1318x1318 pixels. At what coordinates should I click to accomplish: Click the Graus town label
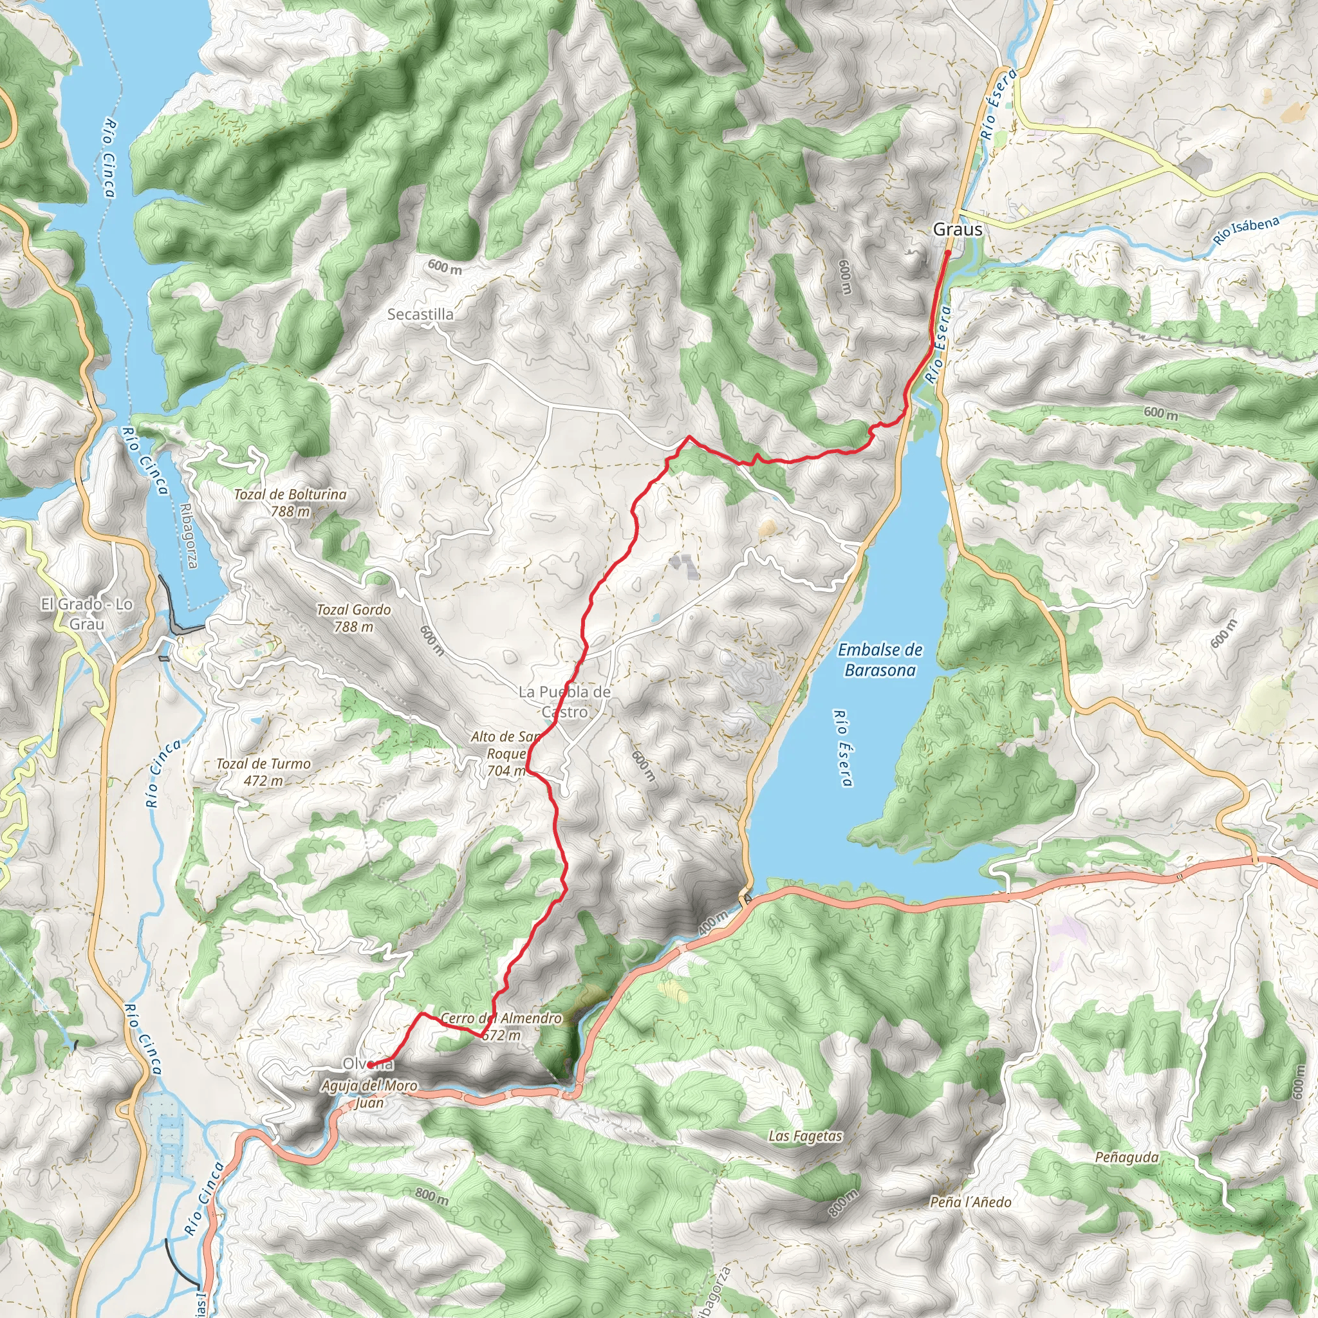click(957, 229)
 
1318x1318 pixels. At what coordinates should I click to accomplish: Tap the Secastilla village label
click(420, 315)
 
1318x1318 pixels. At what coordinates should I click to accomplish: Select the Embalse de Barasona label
click(880, 660)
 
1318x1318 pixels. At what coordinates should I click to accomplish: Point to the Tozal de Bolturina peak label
click(291, 502)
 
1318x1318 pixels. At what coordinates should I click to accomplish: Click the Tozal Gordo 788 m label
click(353, 617)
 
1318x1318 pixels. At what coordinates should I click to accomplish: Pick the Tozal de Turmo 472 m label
click(263, 772)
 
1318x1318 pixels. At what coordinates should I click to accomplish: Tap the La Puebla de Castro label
click(564, 701)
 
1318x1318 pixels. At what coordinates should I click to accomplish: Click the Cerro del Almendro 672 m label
click(501, 1026)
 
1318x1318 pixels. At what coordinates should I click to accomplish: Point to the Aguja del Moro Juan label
click(369, 1093)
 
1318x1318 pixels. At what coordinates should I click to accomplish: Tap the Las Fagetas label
click(805, 1136)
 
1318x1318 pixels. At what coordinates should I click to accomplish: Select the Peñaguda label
click(1126, 1158)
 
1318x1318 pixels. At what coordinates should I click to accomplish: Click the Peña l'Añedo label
click(970, 1202)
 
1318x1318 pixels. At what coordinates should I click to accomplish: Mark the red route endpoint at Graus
click(948, 252)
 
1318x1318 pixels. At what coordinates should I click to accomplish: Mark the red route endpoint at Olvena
click(369, 1064)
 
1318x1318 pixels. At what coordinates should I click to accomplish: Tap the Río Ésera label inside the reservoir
click(842, 748)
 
